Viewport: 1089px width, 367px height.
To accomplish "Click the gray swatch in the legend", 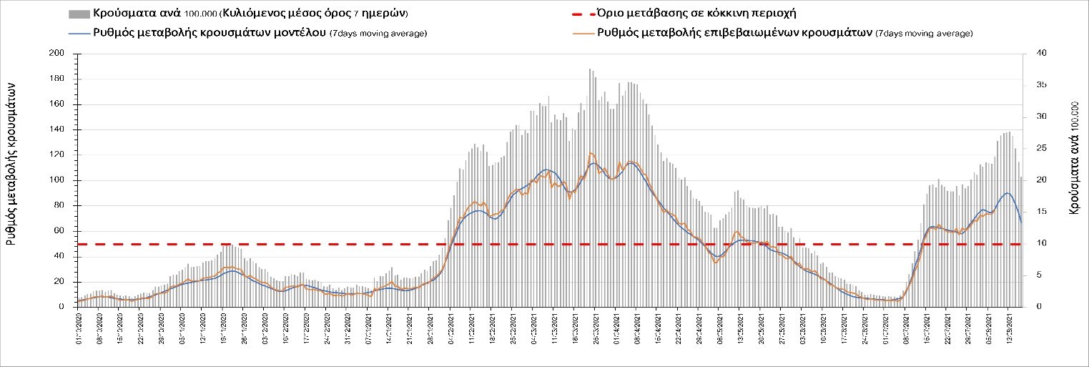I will pyautogui.click(x=79, y=14).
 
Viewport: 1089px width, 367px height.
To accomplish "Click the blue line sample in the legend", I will pyautogui.click(x=79, y=33).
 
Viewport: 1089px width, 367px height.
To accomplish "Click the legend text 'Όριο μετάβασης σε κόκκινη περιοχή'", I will pyautogui.click(x=694, y=14).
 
